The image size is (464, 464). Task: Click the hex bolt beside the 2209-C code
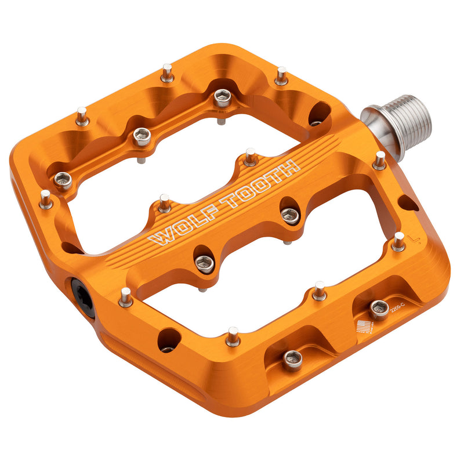[379, 310]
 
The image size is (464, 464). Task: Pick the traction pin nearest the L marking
[398, 241]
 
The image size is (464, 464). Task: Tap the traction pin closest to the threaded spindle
[379, 161]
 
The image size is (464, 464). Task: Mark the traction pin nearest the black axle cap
[125, 296]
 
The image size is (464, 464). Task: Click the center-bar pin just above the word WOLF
[165, 203]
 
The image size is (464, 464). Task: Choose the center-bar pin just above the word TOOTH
[250, 157]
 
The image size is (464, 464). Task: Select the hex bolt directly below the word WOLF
[204, 264]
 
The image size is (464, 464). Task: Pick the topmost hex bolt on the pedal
[222, 98]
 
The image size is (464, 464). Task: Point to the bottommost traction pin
[233, 336]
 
